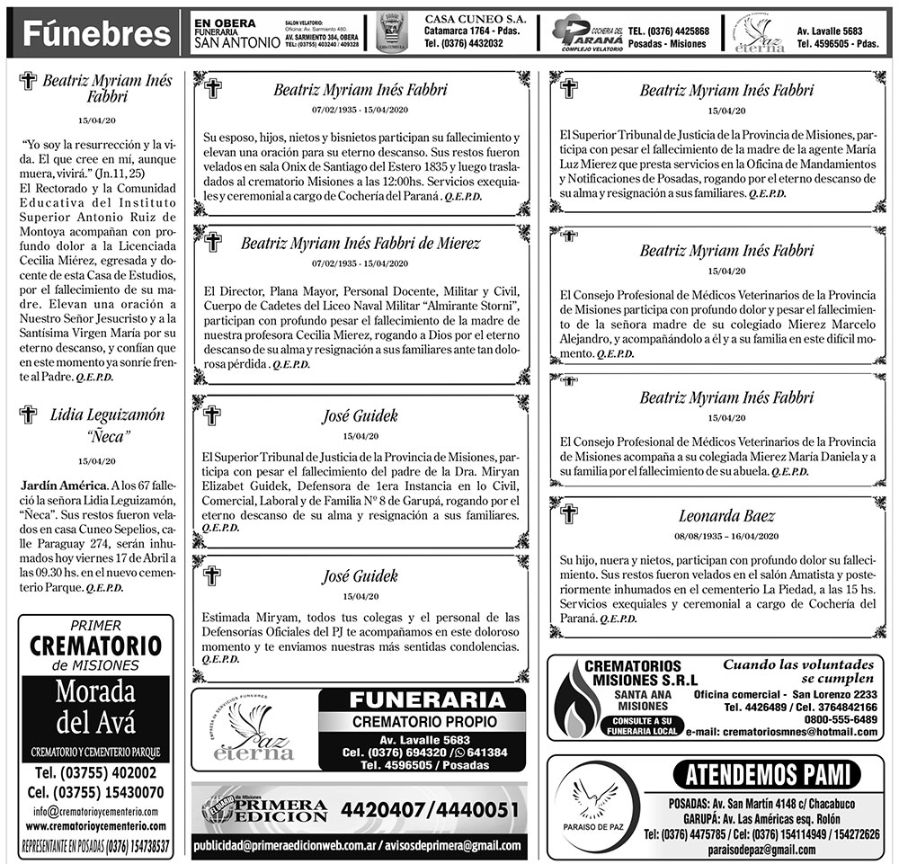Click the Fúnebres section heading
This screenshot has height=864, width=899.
(x=96, y=34)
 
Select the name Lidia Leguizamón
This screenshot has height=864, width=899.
(x=107, y=414)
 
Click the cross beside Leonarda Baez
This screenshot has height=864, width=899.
(x=568, y=514)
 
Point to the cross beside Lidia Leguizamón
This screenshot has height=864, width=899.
(x=28, y=414)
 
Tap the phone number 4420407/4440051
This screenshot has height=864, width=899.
(x=430, y=809)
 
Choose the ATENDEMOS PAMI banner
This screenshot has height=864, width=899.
(x=766, y=774)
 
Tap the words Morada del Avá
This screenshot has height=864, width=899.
(x=94, y=707)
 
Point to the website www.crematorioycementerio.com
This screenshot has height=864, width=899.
(x=96, y=825)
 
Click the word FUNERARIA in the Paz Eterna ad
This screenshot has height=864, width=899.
(x=421, y=700)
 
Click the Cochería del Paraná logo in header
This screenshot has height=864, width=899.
(x=586, y=31)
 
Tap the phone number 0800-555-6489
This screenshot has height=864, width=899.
(x=841, y=719)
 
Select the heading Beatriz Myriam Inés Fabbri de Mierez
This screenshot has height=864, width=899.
(x=360, y=244)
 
